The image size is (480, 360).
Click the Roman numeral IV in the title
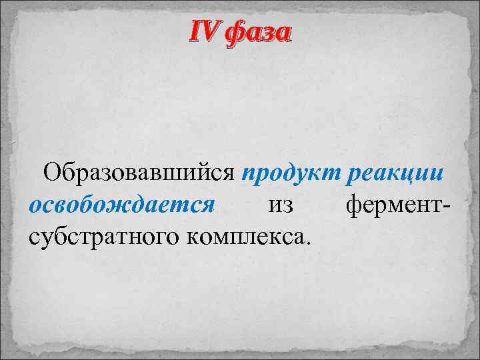(x=205, y=31)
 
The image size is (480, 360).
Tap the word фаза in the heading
(x=257, y=32)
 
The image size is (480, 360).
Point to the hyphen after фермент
(x=447, y=206)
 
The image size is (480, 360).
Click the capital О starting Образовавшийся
(x=53, y=174)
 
